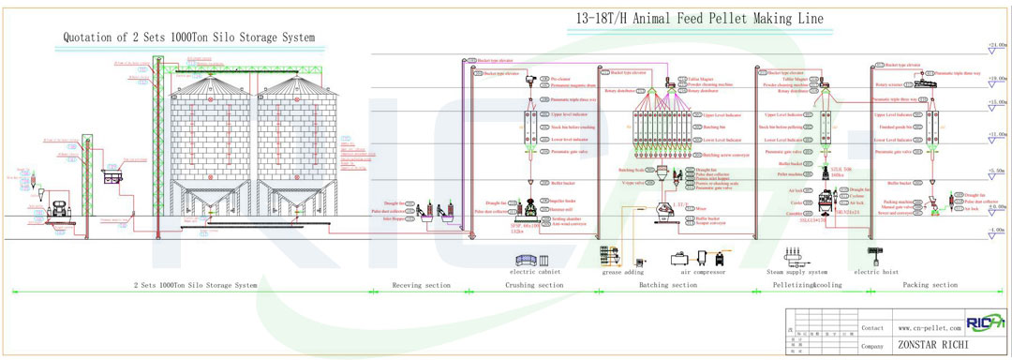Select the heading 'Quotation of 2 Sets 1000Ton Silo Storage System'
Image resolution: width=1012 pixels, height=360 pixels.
[x=188, y=37]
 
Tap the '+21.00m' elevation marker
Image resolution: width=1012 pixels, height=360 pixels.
[x=996, y=45]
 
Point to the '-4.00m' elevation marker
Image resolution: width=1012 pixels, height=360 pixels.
[x=996, y=229]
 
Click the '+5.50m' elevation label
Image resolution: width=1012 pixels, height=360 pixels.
[x=996, y=170]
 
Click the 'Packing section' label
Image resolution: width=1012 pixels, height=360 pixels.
[x=930, y=285]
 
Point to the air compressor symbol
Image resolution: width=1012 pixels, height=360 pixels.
[x=697, y=257]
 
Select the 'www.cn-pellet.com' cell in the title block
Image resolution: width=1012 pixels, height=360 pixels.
[x=927, y=329]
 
